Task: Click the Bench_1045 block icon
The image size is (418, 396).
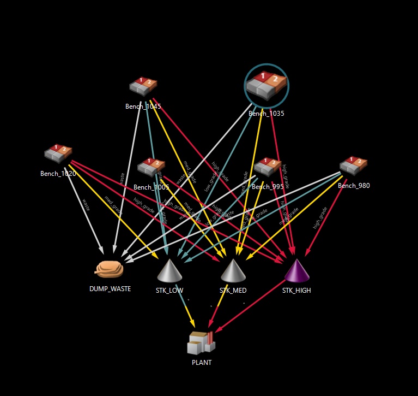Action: (x=143, y=86)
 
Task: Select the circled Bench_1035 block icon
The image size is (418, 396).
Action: (x=266, y=85)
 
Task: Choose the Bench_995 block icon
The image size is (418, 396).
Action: (x=268, y=167)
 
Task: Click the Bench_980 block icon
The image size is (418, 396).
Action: (x=353, y=166)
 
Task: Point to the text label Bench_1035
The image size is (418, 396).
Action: (x=266, y=114)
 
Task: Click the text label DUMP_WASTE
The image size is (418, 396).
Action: (x=110, y=289)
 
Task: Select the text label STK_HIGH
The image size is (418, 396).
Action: (x=296, y=291)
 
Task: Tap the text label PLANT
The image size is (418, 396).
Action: (x=202, y=362)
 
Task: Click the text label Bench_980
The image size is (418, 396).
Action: (x=354, y=186)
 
